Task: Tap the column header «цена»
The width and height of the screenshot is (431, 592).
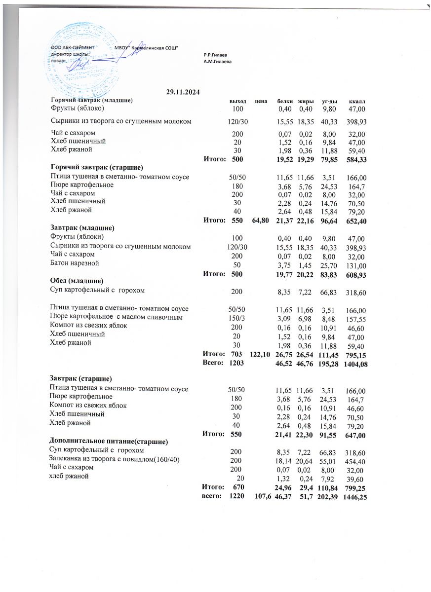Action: tap(261, 101)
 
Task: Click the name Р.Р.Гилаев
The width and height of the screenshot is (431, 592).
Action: tap(215, 54)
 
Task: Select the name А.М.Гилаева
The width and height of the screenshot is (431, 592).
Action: tap(217, 61)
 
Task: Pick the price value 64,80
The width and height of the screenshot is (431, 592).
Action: tap(261, 221)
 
